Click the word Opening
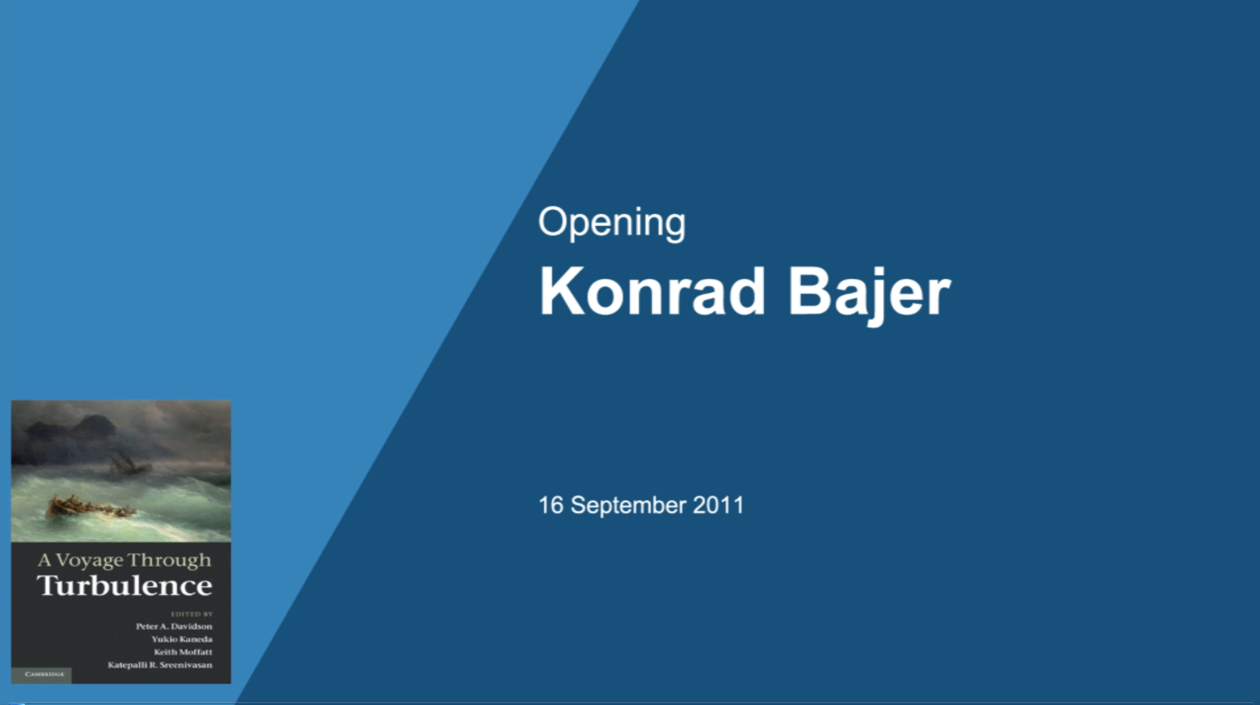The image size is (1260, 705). tap(612, 223)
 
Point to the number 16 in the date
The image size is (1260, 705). tap(551, 505)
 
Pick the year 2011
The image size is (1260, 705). tap(718, 505)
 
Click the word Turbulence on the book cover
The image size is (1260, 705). tap(125, 585)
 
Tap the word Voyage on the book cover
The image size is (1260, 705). tap(89, 561)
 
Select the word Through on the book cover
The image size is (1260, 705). tap(170, 561)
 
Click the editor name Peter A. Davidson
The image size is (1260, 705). tap(174, 626)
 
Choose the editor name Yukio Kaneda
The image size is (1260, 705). tap(182, 639)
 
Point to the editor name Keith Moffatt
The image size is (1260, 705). tap(183, 652)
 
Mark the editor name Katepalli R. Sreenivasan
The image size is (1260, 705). tap(160, 665)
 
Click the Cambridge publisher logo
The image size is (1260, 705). tap(43, 675)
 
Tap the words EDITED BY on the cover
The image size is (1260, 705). tap(192, 614)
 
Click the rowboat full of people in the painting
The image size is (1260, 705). tap(89, 508)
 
